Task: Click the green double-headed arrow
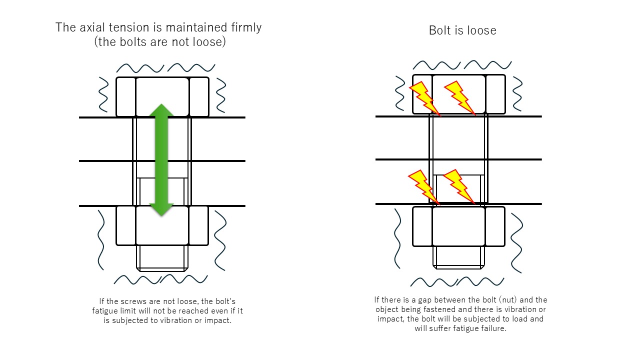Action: pyautogui.click(x=161, y=160)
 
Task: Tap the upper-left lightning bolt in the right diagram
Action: pyautogui.click(x=423, y=98)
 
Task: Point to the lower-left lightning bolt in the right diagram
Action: pyautogui.click(x=422, y=186)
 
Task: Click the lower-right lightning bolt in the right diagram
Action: pyautogui.click(x=458, y=186)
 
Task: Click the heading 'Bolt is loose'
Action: pyautogui.click(x=462, y=30)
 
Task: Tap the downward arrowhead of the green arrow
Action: pyautogui.click(x=161, y=208)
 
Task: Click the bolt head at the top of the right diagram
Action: pyautogui.click(x=458, y=94)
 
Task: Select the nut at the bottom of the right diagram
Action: pyautogui.click(x=458, y=226)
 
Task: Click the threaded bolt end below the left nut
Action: pyautogui.click(x=162, y=258)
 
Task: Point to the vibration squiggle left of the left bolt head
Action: pyautogui.click(x=103, y=94)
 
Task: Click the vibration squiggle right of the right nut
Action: pyautogui.click(x=516, y=242)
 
